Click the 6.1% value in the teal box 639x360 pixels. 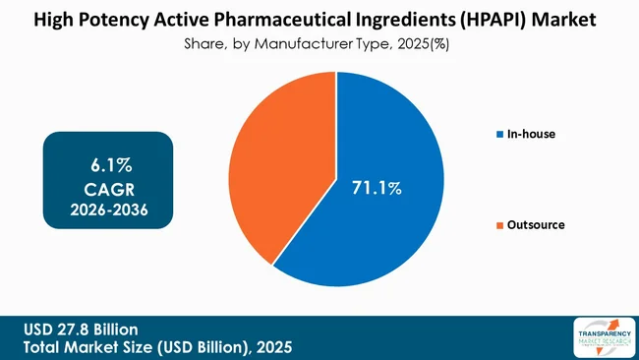pyautogui.click(x=107, y=161)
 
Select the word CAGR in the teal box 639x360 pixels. pyautogui.click(x=107, y=186)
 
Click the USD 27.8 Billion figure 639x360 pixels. pyautogui.click(x=83, y=329)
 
